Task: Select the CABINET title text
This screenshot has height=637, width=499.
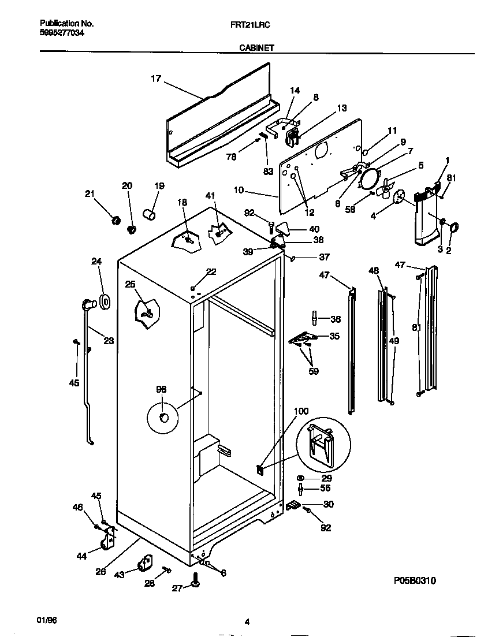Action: click(256, 49)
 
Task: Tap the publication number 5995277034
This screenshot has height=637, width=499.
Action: click(61, 33)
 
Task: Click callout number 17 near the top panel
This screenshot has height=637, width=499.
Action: click(156, 79)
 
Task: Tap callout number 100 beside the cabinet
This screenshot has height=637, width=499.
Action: click(301, 412)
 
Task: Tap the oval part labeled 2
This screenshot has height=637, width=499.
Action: click(452, 228)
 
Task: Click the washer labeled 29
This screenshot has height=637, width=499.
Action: click(301, 479)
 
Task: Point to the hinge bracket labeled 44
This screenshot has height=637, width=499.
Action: click(108, 541)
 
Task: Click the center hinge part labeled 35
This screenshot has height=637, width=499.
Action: click(301, 338)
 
